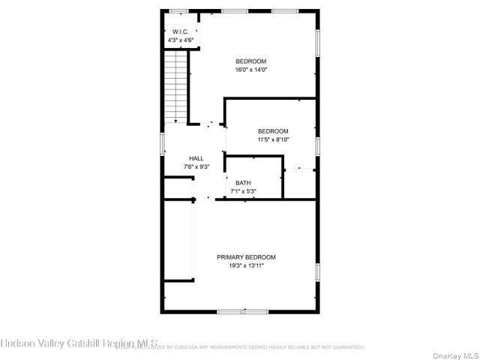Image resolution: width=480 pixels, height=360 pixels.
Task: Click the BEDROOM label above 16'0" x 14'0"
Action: pos(250,61)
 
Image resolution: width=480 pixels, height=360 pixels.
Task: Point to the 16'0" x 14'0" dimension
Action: pos(250,70)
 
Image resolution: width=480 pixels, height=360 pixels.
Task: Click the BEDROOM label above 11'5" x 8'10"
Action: pos(273,131)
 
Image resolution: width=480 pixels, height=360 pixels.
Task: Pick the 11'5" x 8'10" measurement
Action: pos(273,139)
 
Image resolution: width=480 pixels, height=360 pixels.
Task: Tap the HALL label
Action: pos(196,158)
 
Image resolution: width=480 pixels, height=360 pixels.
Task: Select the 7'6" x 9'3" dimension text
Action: pos(196,166)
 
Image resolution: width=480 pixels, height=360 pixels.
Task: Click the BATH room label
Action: pos(243,183)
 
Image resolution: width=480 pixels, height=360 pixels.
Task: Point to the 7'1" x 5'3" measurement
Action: pos(243,191)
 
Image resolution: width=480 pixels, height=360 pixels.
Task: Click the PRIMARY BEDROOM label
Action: pos(246,257)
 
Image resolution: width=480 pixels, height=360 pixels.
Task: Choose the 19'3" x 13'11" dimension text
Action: pos(246,265)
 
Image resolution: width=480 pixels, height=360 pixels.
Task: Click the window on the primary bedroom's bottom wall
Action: pos(242,311)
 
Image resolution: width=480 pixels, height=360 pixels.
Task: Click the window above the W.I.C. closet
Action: pos(178,10)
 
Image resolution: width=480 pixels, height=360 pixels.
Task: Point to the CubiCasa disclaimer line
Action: pos(240,347)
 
